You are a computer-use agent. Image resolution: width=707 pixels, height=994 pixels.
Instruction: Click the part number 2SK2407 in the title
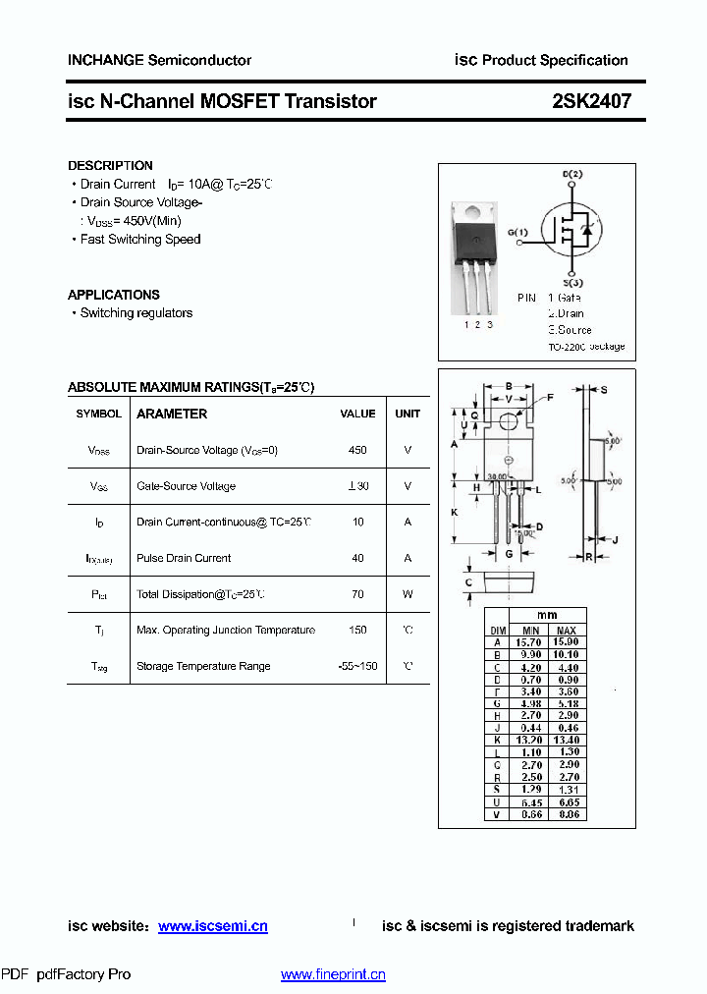click(591, 101)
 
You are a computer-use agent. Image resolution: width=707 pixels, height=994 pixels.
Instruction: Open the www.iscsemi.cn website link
click(212, 926)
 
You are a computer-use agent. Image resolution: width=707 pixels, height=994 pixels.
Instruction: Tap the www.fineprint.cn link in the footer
click(333, 974)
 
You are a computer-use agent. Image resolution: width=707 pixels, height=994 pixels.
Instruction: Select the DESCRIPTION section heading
click(110, 166)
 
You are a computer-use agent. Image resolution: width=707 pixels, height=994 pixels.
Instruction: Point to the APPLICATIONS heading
click(114, 295)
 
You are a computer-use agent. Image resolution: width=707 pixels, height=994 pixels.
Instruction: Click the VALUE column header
click(357, 414)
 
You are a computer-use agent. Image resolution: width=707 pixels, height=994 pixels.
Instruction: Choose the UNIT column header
click(408, 414)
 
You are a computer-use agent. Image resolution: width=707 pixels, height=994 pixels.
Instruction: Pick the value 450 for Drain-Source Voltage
click(357, 450)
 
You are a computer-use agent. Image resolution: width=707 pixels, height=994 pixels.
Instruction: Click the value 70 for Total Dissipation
click(357, 594)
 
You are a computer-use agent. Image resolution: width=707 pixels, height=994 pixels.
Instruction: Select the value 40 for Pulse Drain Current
click(357, 558)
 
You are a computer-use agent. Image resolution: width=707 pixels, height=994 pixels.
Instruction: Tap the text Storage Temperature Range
click(203, 666)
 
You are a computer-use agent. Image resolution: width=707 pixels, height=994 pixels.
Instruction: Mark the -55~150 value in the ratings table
click(357, 666)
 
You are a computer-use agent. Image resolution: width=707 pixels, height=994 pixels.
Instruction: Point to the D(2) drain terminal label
click(572, 175)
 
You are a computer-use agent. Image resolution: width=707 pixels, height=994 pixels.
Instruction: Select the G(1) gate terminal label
click(517, 233)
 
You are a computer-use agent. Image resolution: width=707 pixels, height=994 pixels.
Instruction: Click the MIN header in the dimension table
click(530, 630)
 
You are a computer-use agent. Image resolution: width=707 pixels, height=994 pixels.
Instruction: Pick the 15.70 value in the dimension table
click(530, 641)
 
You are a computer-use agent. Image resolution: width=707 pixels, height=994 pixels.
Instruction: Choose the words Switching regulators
click(136, 313)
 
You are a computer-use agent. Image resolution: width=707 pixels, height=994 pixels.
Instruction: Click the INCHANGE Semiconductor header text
click(159, 60)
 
